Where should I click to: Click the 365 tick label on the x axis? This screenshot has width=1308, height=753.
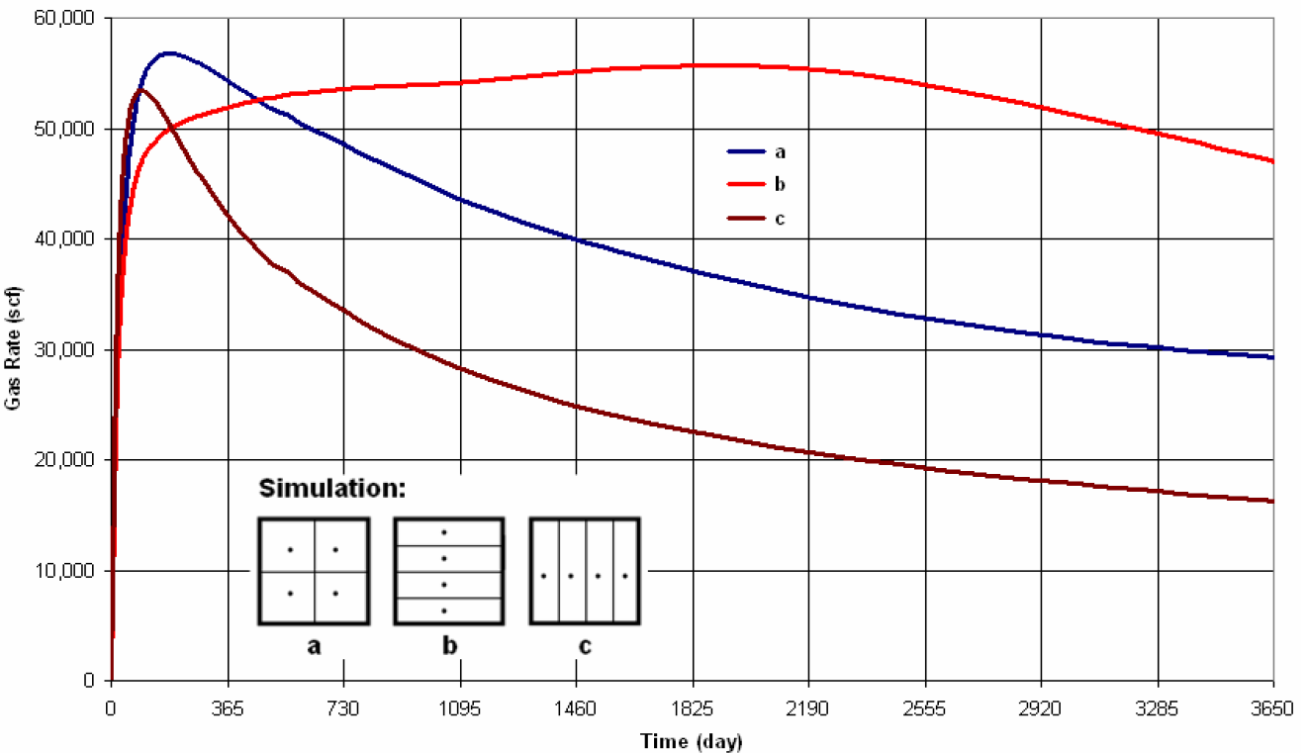[228, 708]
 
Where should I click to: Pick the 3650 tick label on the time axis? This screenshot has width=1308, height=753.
[1272, 708]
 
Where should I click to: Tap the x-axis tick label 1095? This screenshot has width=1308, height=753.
[460, 708]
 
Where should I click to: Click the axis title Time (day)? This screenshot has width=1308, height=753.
[691, 740]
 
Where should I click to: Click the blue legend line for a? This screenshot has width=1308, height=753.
[746, 151]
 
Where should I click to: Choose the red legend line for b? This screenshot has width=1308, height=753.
[746, 185]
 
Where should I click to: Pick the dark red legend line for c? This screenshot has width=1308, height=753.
[746, 218]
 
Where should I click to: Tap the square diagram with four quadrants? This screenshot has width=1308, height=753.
[314, 571]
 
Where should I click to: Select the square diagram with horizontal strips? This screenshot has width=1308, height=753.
[449, 571]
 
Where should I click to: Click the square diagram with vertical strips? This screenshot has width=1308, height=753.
[585, 571]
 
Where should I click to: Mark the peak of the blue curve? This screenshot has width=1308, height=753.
[168, 52]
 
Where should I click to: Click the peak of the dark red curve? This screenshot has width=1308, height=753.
[140, 89]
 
